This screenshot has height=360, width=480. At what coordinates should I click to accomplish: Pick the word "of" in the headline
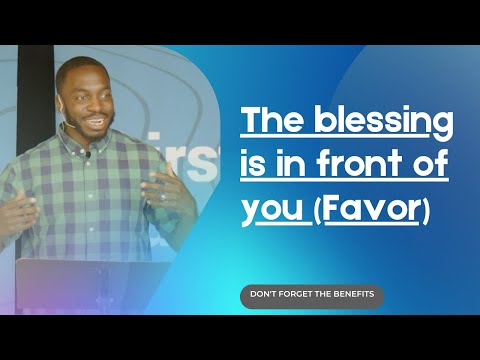tap(425, 169)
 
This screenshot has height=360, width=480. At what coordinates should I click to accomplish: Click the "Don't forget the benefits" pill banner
tap(311, 296)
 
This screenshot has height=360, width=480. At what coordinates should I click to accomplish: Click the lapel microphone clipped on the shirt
tap(88, 155)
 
